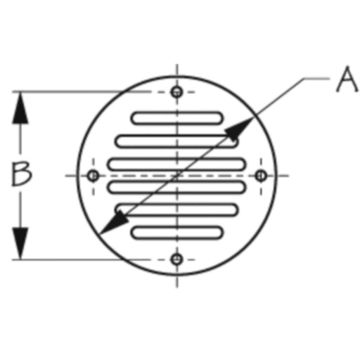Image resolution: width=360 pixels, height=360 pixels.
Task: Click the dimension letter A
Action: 347,79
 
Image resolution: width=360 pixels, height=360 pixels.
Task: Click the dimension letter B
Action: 22,174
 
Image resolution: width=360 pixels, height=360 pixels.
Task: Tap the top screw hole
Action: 177,91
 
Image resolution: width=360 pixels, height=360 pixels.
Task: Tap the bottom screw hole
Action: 177,259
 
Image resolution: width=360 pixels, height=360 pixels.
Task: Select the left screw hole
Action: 94,176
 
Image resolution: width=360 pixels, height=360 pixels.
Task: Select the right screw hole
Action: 261,176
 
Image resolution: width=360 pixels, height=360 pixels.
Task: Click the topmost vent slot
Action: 177,118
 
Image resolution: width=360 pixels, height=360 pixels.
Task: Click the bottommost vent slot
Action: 177,233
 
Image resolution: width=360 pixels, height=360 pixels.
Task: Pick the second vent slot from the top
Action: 177,141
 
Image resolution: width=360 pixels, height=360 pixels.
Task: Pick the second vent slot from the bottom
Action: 177,210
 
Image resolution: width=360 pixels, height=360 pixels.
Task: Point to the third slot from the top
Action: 177,164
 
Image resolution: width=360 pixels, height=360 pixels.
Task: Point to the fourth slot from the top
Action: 177,187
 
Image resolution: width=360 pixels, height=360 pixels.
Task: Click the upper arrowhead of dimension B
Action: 20,108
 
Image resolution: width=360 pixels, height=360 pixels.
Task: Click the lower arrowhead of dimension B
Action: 20,243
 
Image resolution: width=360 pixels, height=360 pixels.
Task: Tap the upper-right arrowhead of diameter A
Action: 239,129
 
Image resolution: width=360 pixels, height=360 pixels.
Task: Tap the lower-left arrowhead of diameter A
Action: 114,222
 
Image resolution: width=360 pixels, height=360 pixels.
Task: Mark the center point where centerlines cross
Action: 177,176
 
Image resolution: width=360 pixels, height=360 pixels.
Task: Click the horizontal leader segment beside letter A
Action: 316,79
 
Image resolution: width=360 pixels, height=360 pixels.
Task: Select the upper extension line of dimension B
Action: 81,91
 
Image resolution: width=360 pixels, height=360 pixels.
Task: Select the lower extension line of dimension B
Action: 81,259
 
